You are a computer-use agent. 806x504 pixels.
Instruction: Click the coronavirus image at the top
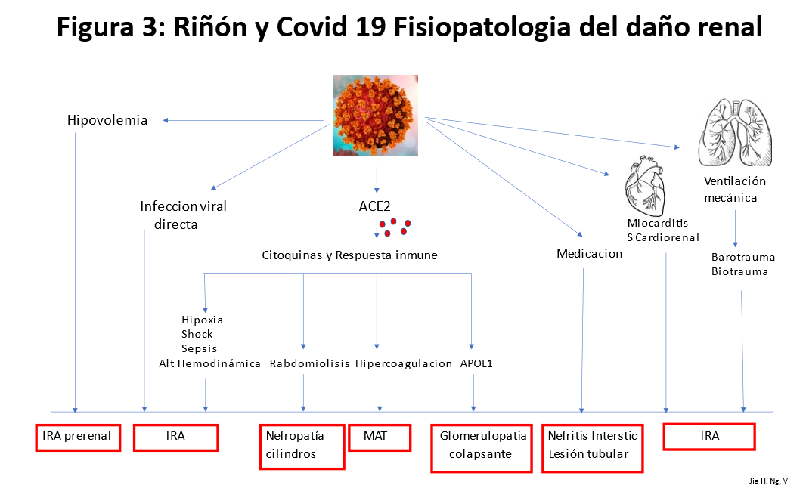(x=376, y=115)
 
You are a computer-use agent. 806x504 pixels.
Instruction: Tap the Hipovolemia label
(x=107, y=120)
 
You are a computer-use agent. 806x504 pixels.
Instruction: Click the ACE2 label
(x=376, y=206)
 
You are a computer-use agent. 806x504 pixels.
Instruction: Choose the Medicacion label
(x=589, y=254)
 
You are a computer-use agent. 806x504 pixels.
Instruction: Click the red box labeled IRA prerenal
(x=78, y=437)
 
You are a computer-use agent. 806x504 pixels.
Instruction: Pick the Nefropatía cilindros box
(x=302, y=446)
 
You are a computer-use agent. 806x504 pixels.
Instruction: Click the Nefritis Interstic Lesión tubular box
(x=593, y=448)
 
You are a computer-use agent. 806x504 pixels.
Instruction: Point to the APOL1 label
(x=476, y=364)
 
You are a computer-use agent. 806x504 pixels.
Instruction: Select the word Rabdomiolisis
(x=309, y=364)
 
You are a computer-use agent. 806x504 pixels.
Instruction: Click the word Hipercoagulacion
(x=404, y=364)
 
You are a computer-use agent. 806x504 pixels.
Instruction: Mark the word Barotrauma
(x=743, y=258)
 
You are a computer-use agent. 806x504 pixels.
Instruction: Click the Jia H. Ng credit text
(x=766, y=481)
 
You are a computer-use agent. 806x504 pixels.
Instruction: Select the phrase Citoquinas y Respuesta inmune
(x=349, y=255)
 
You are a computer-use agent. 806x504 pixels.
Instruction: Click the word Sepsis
(x=199, y=349)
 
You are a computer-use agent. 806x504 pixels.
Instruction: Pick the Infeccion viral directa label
(x=183, y=215)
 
